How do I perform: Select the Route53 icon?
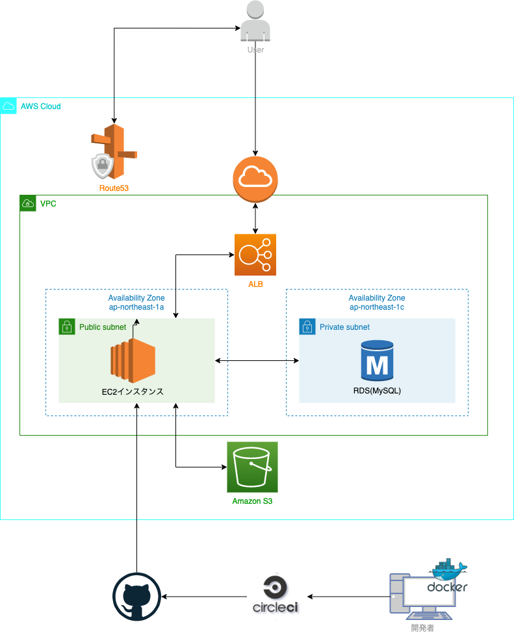click(x=114, y=152)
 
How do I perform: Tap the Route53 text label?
click(x=114, y=188)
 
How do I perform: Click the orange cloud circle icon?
click(x=255, y=179)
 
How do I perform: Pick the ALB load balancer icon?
click(x=255, y=255)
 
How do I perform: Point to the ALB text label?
click(x=255, y=284)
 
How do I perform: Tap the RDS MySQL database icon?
click(x=378, y=360)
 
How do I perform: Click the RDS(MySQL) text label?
click(x=378, y=391)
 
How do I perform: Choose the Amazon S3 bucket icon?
click(x=252, y=467)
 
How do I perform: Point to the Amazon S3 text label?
click(x=252, y=501)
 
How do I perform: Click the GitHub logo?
click(x=136, y=597)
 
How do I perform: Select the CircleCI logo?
click(x=277, y=597)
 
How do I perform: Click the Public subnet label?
click(x=103, y=327)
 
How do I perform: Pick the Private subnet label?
click(x=344, y=327)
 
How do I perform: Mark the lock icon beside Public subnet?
click(x=66, y=327)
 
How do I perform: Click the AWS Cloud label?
click(x=40, y=106)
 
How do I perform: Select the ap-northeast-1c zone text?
click(x=377, y=307)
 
